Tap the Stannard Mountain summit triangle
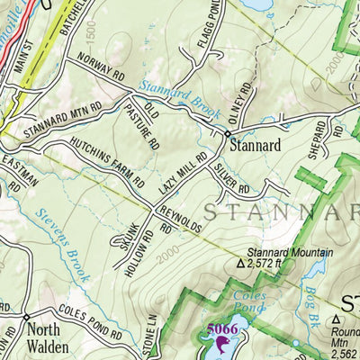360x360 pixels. pyautogui.click(x=239, y=265)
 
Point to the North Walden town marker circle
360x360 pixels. pyautogui.click(x=27, y=317)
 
